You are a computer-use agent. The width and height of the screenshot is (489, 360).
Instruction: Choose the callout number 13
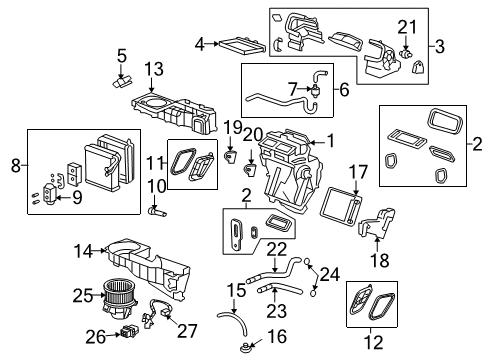click(153, 68)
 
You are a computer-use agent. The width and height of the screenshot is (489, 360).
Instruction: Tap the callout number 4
click(200, 43)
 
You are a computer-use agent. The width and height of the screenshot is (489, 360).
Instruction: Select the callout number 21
click(406, 24)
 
